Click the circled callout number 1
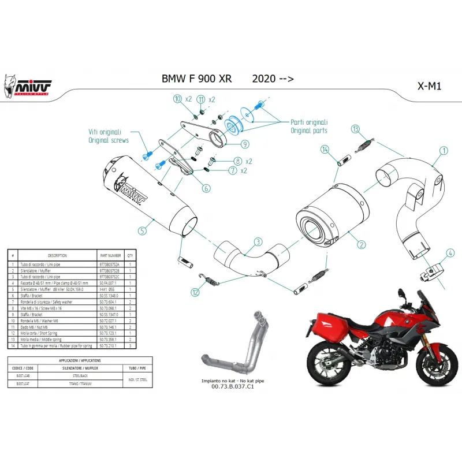(x=444, y=151)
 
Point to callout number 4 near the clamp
(x=450, y=252)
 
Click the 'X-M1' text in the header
(x=429, y=85)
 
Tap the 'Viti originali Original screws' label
(x=108, y=136)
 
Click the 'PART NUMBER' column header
(x=110, y=255)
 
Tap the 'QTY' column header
(x=130, y=255)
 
